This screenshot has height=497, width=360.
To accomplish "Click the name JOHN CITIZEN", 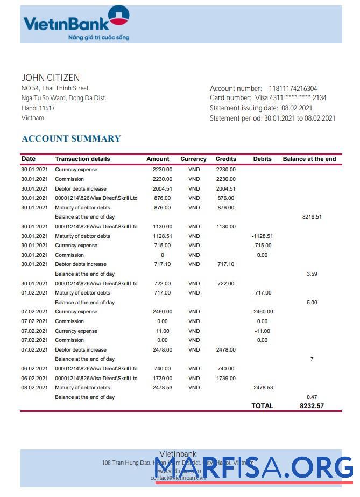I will coord(51,78).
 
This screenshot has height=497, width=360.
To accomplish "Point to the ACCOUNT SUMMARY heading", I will coord(71,138).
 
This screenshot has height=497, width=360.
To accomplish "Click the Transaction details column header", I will coord(82,159).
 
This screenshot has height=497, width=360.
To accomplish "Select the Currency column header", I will coord(193,159).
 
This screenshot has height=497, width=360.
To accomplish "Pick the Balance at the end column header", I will coord(309,159).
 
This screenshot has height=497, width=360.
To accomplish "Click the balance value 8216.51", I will coord(312,217).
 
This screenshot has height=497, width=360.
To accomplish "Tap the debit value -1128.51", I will coord(262,236).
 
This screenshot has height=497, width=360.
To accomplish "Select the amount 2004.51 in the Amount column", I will coord(162,189).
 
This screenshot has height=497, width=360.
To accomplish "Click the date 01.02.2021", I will coord(34,293).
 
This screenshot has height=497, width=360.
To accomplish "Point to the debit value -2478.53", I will coord(262,388).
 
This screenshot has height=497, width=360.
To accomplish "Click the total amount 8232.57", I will coord(312,406).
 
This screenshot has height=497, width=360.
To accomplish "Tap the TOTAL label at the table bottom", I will coord(262,406).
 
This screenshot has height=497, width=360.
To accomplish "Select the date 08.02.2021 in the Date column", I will coord(34,388).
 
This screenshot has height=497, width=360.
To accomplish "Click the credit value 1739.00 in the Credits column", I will coord(225,379).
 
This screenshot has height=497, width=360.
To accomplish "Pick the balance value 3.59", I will coord(312,274).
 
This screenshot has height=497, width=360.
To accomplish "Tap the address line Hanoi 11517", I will coord(38,108).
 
